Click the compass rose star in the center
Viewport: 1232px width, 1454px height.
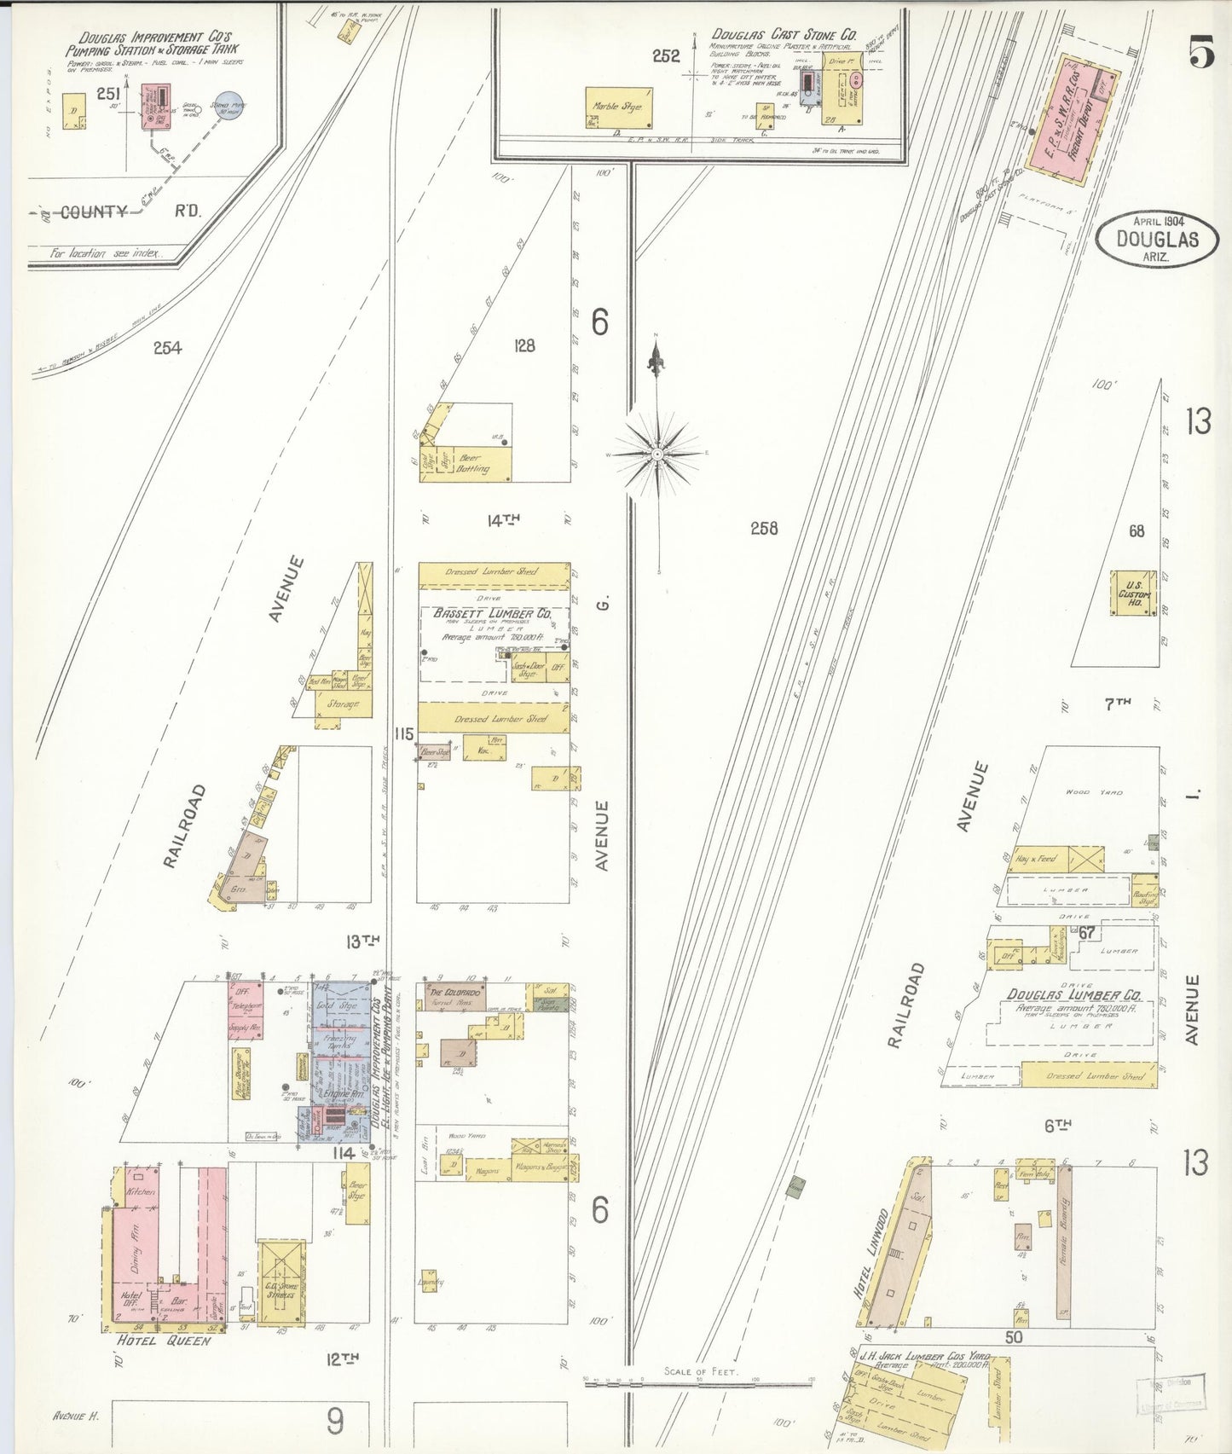click(x=657, y=455)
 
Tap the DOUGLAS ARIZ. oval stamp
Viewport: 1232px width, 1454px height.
click(x=1158, y=240)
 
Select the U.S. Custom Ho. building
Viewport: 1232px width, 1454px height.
click(x=1133, y=593)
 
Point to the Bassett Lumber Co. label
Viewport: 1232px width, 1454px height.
click(x=492, y=613)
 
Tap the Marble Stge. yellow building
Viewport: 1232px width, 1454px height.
click(x=619, y=107)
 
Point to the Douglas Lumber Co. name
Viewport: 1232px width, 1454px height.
click(x=1073, y=994)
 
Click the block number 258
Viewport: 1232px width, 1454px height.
click(x=763, y=529)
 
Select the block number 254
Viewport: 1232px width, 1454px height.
click(x=168, y=347)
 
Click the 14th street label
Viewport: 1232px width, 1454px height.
click(x=503, y=520)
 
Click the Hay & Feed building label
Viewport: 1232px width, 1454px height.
click(x=1035, y=859)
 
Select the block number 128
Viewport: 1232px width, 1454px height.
click(x=524, y=345)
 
